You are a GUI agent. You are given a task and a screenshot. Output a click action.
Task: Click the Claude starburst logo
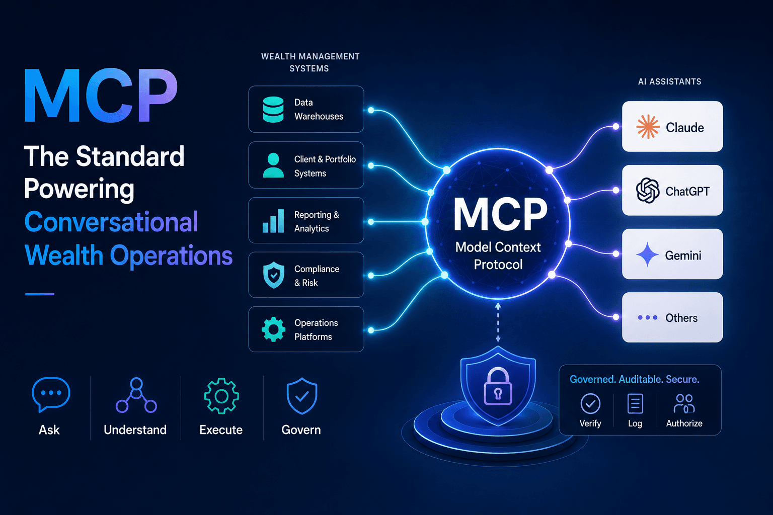(x=648, y=127)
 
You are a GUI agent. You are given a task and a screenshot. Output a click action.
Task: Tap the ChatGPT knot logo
(x=648, y=191)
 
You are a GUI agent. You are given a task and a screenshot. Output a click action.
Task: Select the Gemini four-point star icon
(x=647, y=254)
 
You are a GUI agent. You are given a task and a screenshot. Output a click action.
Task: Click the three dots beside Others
(x=647, y=317)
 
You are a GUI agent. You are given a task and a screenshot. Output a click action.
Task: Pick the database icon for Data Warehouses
(x=273, y=109)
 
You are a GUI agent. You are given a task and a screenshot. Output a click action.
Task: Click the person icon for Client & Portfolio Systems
(x=273, y=165)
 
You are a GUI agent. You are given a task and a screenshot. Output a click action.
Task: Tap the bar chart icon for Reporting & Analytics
(x=273, y=221)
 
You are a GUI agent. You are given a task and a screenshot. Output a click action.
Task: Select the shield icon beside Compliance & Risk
(x=274, y=275)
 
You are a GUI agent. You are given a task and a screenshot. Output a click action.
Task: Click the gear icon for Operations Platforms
(x=274, y=329)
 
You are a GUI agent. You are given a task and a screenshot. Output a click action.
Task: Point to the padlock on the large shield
(x=498, y=386)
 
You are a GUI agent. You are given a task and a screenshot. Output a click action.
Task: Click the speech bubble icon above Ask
(x=51, y=395)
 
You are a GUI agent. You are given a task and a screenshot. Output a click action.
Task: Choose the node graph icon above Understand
(x=136, y=395)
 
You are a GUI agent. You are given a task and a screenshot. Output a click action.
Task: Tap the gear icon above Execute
(x=221, y=396)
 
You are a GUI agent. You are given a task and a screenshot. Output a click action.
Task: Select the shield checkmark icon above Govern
(x=302, y=396)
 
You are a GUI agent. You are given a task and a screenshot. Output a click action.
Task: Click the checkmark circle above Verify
(x=590, y=403)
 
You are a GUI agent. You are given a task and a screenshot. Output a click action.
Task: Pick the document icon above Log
(x=635, y=403)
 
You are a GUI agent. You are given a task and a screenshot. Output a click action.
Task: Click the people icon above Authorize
(x=684, y=403)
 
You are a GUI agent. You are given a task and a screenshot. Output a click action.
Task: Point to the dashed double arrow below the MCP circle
(x=498, y=322)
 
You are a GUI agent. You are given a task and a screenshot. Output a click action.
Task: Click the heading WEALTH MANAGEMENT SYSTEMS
(x=310, y=62)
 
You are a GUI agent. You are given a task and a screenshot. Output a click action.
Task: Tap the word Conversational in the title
(x=111, y=222)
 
